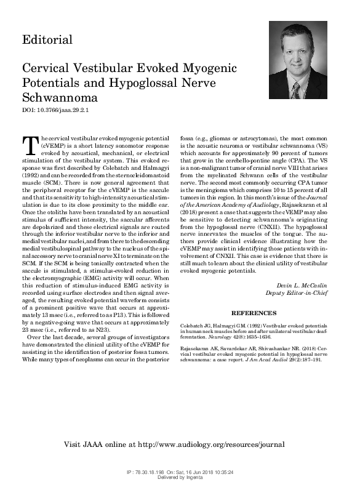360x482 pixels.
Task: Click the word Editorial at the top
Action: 47,40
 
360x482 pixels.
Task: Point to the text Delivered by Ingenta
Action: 180,476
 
